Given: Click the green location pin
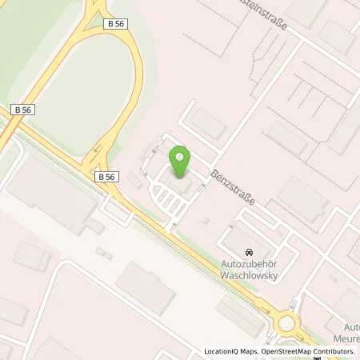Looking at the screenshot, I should click(x=181, y=160).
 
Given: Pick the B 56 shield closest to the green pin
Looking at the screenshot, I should click(x=106, y=175).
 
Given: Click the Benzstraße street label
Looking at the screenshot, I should click(x=232, y=186).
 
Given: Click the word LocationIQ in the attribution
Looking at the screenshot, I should click(x=222, y=351).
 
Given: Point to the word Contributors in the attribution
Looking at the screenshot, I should click(x=333, y=351).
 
